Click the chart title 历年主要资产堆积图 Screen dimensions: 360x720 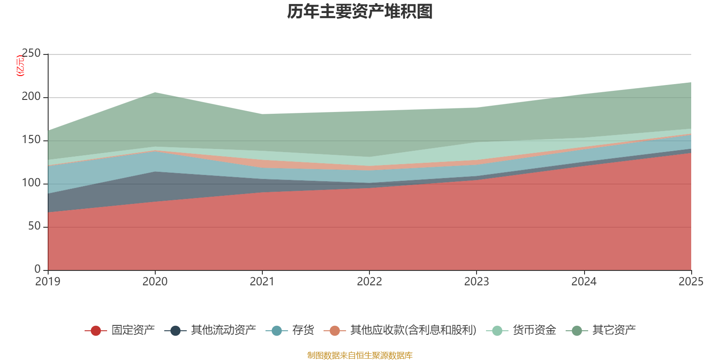pyautogui.click(x=360, y=12)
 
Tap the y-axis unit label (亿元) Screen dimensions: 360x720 pyautogui.click(x=20, y=66)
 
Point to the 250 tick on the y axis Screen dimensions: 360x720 pyautogui.click(x=31, y=54)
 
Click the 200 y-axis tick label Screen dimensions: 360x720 pyautogui.click(x=31, y=97)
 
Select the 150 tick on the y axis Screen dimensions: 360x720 pyautogui.click(x=31, y=140)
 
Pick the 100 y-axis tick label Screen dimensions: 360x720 pyautogui.click(x=31, y=183)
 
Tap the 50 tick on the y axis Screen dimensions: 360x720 pyautogui.click(x=34, y=226)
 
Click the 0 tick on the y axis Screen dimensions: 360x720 pyautogui.click(x=37, y=269)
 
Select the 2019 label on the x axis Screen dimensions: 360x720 pyautogui.click(x=48, y=282)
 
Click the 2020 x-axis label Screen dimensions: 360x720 pyautogui.click(x=155, y=282)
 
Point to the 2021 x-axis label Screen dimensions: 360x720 pyautogui.click(x=262, y=282)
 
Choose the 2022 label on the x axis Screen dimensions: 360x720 pyautogui.click(x=369, y=282)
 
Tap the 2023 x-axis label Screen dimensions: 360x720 pyautogui.click(x=477, y=282)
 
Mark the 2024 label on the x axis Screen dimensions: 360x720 pyautogui.click(x=584, y=282)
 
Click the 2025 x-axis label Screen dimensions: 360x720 pyautogui.click(x=691, y=282)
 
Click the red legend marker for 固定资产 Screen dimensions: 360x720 pyautogui.click(x=95, y=331)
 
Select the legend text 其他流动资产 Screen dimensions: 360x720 pyautogui.click(x=223, y=330)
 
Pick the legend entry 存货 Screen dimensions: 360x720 pyautogui.click(x=303, y=330)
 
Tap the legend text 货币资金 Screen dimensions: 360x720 pyautogui.click(x=534, y=330)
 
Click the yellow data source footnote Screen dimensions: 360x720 pyautogui.click(x=360, y=355)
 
